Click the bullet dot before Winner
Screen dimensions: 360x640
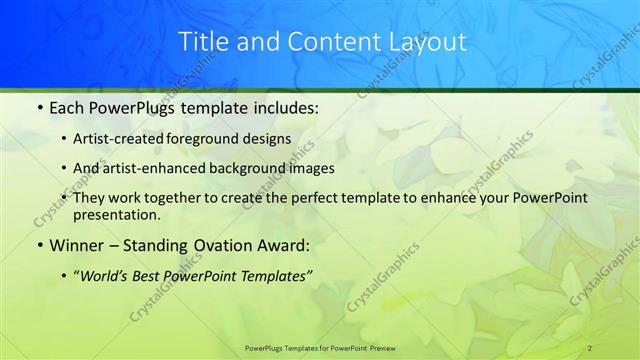tap(38, 245)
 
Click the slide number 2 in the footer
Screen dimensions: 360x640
tap(590, 347)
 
